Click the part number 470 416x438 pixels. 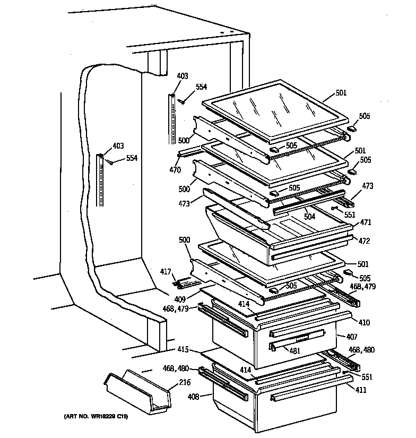tap(175, 170)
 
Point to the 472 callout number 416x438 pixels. tap(364, 241)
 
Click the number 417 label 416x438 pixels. tap(166, 272)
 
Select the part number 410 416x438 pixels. tap(364, 322)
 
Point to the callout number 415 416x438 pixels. tap(183, 349)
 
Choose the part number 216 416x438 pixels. tap(185, 382)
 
